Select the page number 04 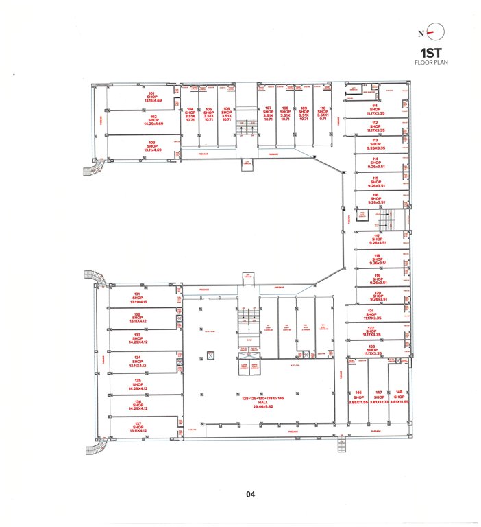[x=251, y=493]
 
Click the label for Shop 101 [x=152, y=97]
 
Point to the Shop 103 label [x=152, y=145]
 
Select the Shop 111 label [x=375, y=109]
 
